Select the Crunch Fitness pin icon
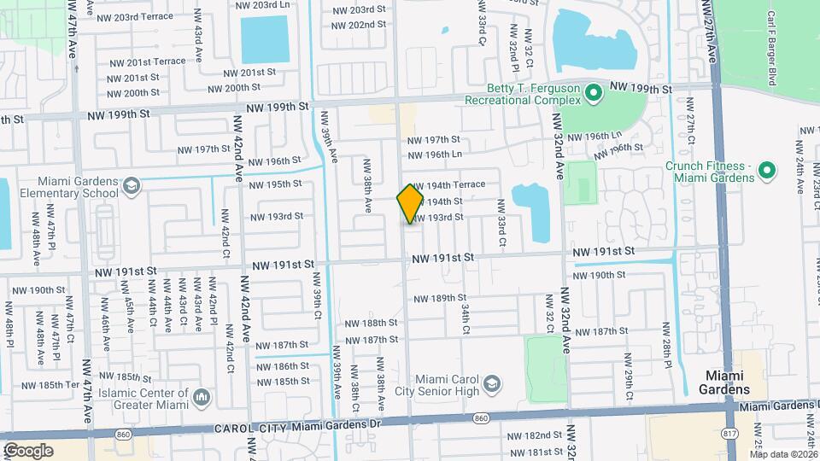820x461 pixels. (x=766, y=171)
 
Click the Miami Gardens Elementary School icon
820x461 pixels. (x=132, y=186)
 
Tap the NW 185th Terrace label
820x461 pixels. (x=53, y=385)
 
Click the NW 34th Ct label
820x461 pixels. (x=466, y=317)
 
